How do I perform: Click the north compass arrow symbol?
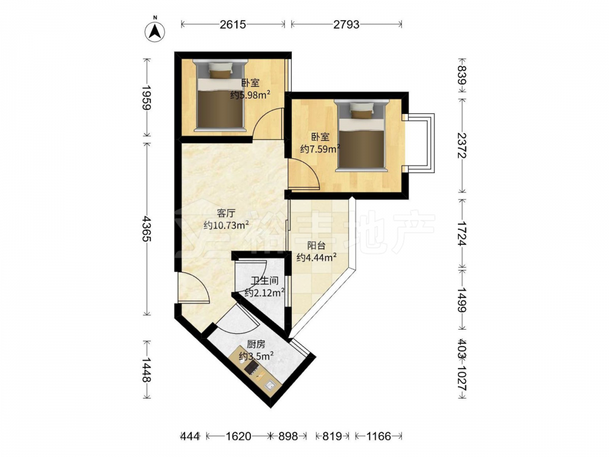(x=155, y=31)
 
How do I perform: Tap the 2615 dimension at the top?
(x=233, y=24)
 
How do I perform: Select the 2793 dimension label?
(x=347, y=24)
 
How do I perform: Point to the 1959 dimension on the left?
(x=147, y=97)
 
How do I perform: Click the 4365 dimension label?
(x=147, y=229)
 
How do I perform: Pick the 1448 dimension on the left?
(x=147, y=370)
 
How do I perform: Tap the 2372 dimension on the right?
(x=462, y=146)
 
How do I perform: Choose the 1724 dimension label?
(x=462, y=233)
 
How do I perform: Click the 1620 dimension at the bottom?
(x=239, y=436)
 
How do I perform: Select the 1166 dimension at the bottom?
(x=378, y=436)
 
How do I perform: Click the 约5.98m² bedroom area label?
(x=250, y=95)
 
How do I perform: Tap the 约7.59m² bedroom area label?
(x=320, y=149)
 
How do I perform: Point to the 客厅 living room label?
(x=226, y=213)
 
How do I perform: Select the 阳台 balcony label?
(x=316, y=246)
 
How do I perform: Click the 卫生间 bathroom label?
(x=264, y=280)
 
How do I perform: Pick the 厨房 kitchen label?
(x=256, y=344)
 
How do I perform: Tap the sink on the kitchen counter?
(x=270, y=386)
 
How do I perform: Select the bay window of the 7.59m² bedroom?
(x=420, y=143)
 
